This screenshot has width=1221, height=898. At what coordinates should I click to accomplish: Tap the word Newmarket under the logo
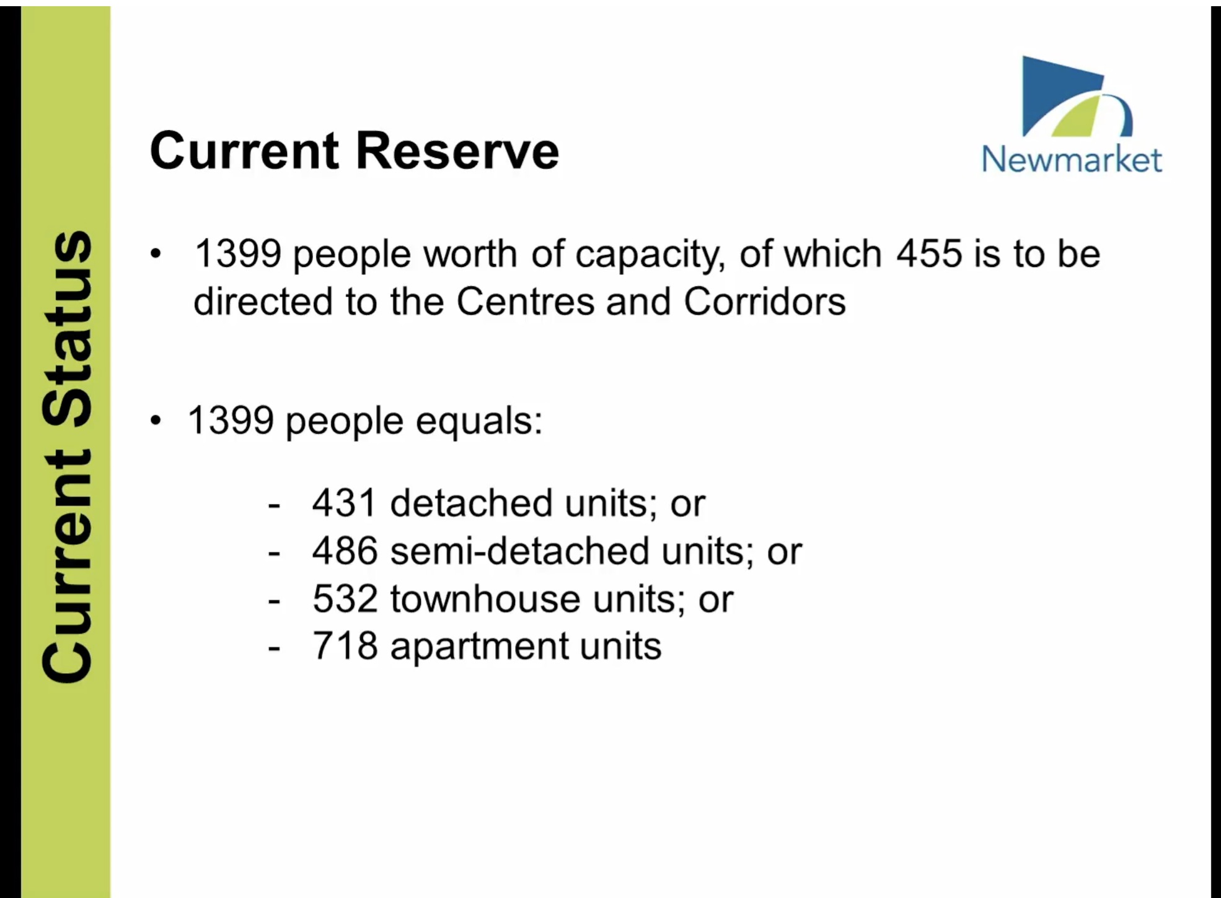tap(1072, 160)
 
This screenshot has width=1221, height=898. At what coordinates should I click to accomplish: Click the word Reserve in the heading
tap(457, 150)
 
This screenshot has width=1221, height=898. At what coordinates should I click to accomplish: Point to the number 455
tap(928, 254)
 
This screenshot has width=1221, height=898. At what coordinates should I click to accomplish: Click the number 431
tap(345, 502)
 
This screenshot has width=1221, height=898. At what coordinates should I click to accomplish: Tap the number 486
tap(345, 551)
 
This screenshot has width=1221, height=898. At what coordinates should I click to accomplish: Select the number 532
tap(345, 599)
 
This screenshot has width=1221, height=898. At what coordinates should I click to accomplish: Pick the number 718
tap(345, 646)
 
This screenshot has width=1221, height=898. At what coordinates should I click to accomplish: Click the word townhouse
tap(485, 599)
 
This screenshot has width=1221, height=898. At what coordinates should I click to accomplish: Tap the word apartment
tap(478, 648)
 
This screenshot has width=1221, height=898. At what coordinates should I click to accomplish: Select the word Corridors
tap(765, 302)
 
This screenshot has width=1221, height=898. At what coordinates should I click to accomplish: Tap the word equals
tap(478, 422)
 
